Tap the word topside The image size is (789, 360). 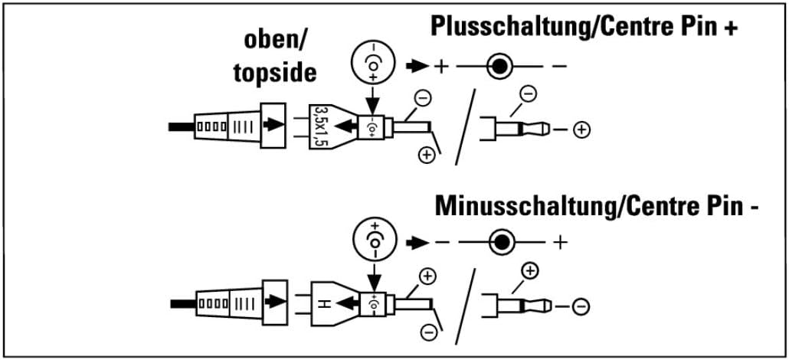coord(275,73)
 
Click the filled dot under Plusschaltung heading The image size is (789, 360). coord(499,66)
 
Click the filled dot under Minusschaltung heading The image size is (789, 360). coord(501,243)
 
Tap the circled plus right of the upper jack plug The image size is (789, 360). coord(581,130)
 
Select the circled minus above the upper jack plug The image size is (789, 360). coord(529,93)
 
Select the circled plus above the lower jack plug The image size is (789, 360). coord(530,270)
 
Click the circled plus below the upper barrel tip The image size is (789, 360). coord(427,155)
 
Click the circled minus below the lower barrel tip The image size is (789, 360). coord(428,332)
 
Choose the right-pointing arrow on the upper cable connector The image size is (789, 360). coord(273,124)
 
